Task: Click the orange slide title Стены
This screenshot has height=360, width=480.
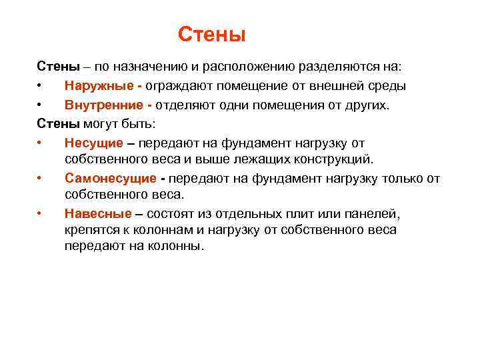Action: click(213, 34)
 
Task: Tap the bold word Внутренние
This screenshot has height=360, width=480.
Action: click(105, 105)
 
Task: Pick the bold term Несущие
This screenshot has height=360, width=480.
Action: click(93, 143)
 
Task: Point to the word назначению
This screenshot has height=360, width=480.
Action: click(145, 67)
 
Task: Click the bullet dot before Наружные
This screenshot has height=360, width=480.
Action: click(40, 87)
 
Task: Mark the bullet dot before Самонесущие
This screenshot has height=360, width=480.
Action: click(40, 179)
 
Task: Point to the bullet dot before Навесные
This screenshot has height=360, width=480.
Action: click(40, 215)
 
